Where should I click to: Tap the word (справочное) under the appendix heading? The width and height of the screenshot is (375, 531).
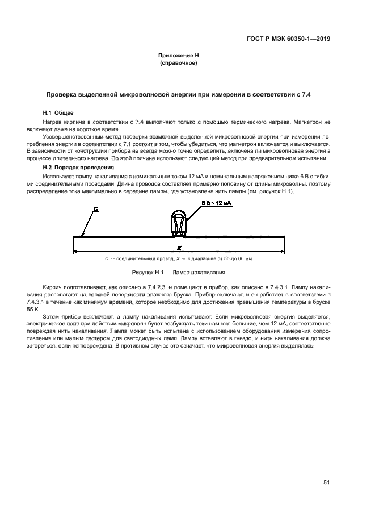point(179,63)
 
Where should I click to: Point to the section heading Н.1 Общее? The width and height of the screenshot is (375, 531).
point(58,113)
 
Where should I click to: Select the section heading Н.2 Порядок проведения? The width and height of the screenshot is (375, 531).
point(75,168)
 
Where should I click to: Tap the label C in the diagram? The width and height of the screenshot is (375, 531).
point(95,210)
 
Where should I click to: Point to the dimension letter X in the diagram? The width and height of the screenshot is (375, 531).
point(179,248)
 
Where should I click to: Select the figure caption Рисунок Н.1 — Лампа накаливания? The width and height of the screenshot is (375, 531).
point(179,273)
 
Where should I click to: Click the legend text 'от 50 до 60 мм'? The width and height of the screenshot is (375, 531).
point(233,259)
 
